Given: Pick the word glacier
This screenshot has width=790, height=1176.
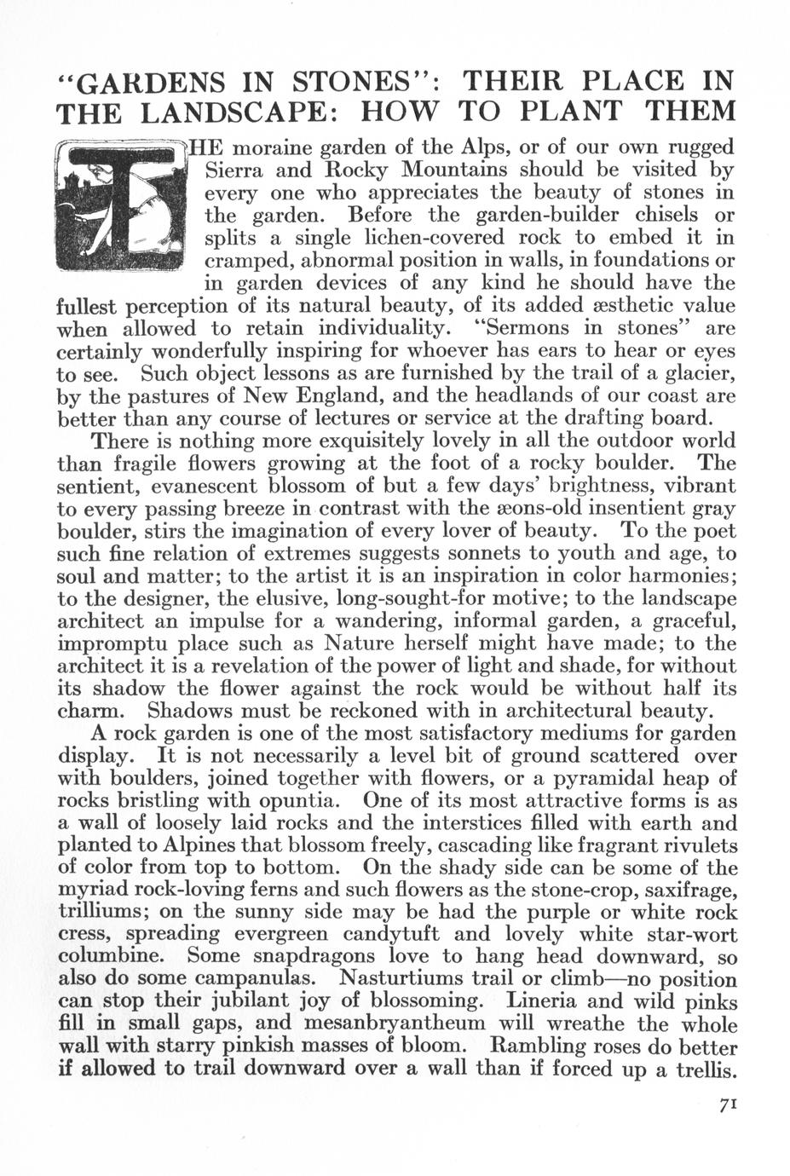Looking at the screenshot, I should (695, 373).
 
